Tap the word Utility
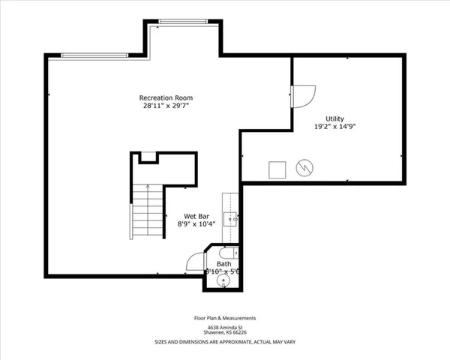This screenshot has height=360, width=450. click(334, 118)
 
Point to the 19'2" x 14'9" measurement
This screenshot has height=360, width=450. click(334, 127)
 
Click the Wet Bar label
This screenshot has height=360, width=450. click(196, 215)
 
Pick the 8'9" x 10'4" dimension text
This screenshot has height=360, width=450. click(196, 223)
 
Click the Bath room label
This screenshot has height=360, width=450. click(224, 264)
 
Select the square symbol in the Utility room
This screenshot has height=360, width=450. click(277, 168)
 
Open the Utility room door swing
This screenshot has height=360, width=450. click(302, 95)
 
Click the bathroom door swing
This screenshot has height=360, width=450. click(196, 261)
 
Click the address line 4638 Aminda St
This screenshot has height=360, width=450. click(225, 327)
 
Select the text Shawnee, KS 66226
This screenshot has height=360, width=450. click(225, 333)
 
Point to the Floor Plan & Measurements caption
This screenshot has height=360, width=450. click(225, 318)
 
